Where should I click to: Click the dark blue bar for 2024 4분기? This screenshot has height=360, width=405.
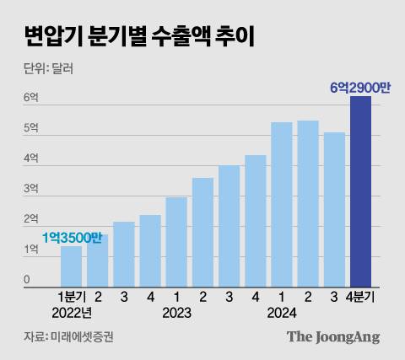(x=360, y=192)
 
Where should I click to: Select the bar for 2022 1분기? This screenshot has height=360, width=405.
(x=72, y=266)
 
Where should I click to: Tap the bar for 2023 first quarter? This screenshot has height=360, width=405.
(x=176, y=242)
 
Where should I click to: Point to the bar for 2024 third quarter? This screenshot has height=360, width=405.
(x=334, y=210)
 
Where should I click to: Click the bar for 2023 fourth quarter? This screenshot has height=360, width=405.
(x=256, y=221)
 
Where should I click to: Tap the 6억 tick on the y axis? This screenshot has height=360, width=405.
(x=30, y=97)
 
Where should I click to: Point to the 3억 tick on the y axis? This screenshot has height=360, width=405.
(x=30, y=189)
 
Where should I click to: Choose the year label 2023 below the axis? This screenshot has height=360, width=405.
(x=176, y=312)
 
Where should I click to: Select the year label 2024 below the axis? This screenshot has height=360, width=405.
(x=282, y=312)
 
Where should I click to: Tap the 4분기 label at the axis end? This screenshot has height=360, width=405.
(x=365, y=298)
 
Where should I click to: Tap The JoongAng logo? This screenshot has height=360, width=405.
(x=332, y=337)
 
